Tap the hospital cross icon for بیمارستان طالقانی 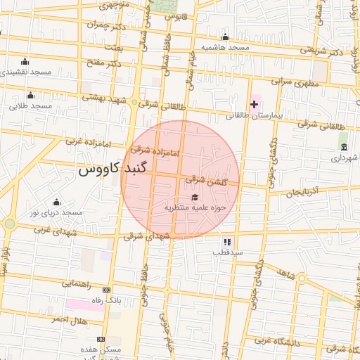click(x=254, y=104)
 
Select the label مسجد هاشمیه click(x=225, y=47)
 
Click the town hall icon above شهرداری click(x=343, y=147)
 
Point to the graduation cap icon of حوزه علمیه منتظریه click(x=194, y=197)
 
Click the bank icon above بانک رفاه click(x=106, y=290)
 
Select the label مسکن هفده click(x=105, y=349)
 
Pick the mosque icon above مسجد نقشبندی click(x=25, y=61)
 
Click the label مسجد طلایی click(x=31, y=105)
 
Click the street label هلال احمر click(x=68, y=320)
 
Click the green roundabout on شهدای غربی click(x=9, y=224)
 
